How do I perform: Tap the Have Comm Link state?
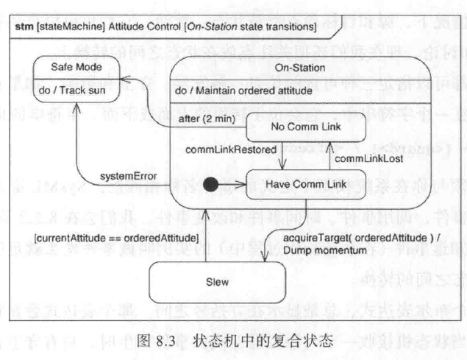tap(306, 181)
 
